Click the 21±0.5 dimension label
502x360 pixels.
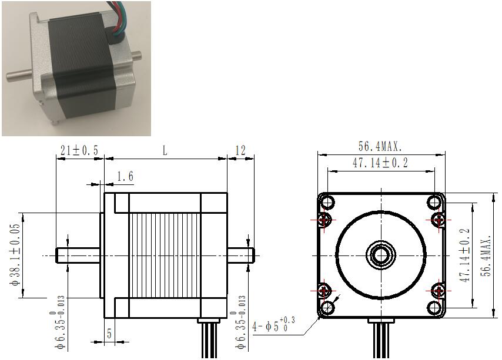[79, 150]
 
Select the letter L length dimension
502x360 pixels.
[165, 150]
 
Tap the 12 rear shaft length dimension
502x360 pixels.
[240, 150]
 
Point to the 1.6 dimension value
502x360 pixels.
[125, 176]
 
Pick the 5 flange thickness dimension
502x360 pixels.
[109, 334]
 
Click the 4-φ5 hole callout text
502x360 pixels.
[273, 325]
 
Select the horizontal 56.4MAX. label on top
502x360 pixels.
[380, 146]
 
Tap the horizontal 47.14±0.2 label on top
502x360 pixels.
[380, 163]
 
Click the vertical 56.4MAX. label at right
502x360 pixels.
[487, 256]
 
